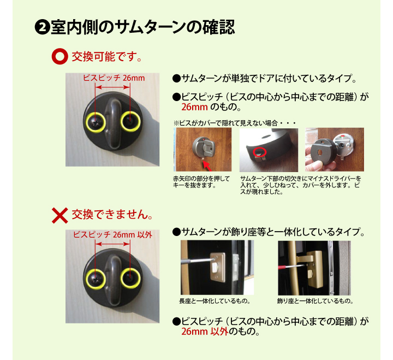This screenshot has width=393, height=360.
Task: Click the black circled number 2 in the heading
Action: tap(43, 27)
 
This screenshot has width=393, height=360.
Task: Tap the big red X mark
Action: tap(60, 215)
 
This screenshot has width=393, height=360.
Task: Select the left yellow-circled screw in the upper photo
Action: tap(96, 122)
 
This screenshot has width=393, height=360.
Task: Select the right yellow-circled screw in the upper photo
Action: tap(130, 121)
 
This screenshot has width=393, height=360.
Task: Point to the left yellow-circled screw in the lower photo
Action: tap(96, 280)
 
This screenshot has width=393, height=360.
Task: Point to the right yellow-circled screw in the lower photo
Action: tap(130, 279)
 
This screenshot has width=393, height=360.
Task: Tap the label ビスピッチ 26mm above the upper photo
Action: tap(114, 78)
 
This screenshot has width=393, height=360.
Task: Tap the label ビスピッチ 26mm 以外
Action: tap(112, 235)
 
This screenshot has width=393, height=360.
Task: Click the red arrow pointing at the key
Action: tap(207, 166)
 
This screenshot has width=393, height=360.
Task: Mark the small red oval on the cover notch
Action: tap(259, 152)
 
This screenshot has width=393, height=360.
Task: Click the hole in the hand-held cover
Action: tap(320, 152)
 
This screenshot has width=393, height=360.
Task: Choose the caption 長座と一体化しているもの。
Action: tap(215, 301)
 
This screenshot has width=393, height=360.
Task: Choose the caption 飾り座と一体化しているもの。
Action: tap(315, 301)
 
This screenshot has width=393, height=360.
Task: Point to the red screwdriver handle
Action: tap(283, 268)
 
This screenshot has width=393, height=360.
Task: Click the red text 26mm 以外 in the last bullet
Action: tap(205, 332)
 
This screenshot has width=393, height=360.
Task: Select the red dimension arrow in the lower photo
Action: tap(113, 244)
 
